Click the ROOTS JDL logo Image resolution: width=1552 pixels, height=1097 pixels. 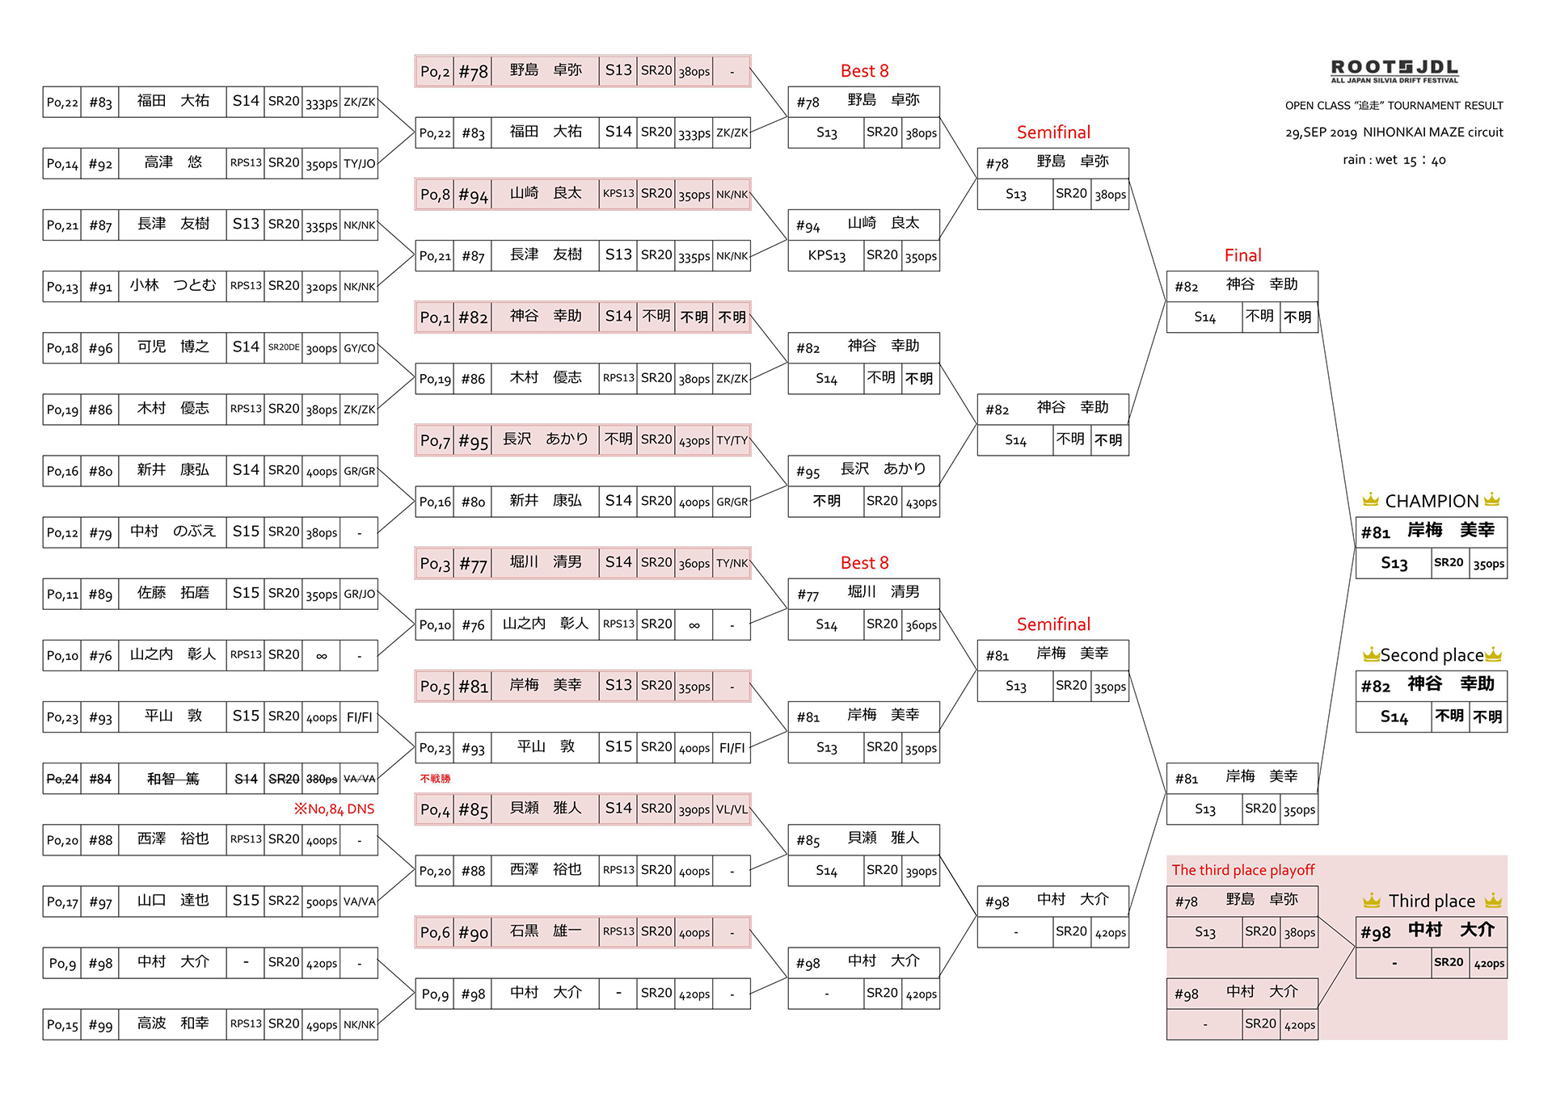point(1394,70)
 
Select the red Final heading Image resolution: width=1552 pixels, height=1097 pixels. point(1242,255)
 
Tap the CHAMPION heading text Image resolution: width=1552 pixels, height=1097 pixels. point(1432,501)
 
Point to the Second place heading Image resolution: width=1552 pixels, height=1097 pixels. point(1432,655)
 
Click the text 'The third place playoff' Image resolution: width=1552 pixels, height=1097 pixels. point(1243,870)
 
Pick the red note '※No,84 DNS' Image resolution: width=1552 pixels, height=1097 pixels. point(334,809)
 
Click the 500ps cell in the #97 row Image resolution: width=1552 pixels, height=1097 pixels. point(322,902)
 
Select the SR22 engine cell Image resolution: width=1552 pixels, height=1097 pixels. point(284,901)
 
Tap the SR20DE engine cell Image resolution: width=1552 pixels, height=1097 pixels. point(284,347)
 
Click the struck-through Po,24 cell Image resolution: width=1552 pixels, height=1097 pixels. point(62,779)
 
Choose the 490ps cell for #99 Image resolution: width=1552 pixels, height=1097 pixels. point(322,1025)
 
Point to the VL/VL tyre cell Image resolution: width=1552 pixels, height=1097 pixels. point(732,809)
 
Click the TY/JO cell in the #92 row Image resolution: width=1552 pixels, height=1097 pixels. point(360,163)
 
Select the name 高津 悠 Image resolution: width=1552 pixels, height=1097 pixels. point(173,162)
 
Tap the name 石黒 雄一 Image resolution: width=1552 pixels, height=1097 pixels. point(546,931)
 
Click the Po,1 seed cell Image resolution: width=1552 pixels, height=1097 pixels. point(435,317)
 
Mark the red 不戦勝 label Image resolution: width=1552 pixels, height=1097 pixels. point(435,779)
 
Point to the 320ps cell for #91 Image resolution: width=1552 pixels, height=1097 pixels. point(322,286)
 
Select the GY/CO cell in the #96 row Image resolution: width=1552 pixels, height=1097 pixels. point(360,348)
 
